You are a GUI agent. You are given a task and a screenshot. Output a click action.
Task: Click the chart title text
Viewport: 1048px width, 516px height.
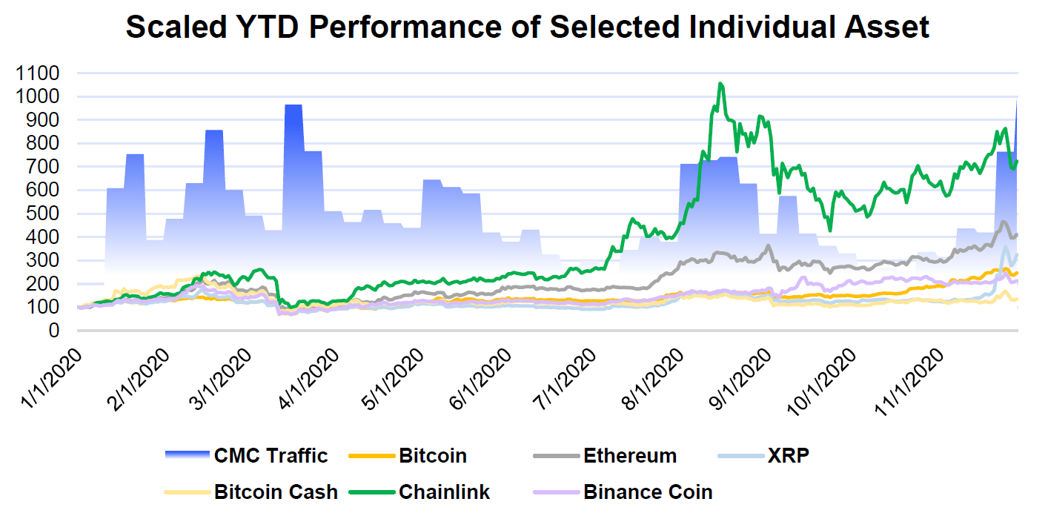pyautogui.click(x=527, y=27)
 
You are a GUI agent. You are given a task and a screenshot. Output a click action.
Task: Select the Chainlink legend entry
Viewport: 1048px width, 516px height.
pyautogui.click(x=444, y=492)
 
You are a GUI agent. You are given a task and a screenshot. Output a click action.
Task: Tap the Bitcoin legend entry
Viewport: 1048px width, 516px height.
pyautogui.click(x=433, y=455)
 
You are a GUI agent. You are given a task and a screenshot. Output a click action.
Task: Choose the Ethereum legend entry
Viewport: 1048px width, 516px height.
pyautogui.click(x=630, y=455)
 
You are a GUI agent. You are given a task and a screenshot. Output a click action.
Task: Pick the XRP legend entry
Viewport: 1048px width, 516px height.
pyautogui.click(x=789, y=455)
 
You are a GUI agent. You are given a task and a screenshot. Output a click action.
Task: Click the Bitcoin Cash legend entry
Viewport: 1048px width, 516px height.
pyautogui.click(x=276, y=492)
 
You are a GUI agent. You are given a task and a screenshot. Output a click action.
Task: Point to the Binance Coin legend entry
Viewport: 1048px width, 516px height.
pyautogui.click(x=648, y=492)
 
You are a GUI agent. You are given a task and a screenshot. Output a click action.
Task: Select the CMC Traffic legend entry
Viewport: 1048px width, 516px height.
pyautogui.click(x=271, y=455)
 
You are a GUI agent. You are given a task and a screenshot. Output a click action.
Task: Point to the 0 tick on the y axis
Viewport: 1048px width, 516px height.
pyautogui.click(x=54, y=331)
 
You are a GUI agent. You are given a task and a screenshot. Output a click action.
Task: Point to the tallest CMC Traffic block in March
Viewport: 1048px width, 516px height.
pyautogui.click(x=293, y=107)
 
